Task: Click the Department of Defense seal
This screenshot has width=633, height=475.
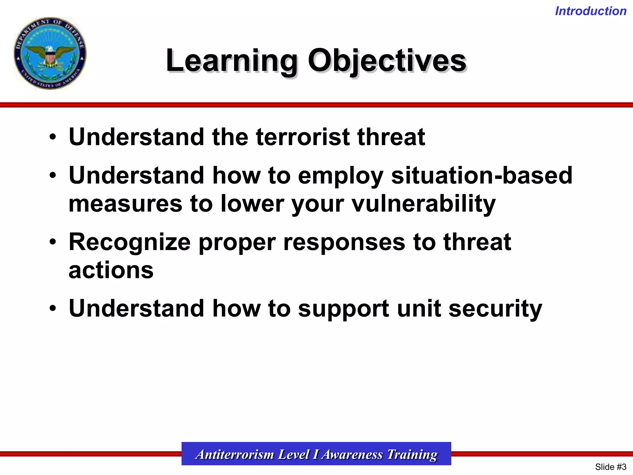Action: click(50, 53)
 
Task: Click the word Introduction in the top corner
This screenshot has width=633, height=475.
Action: click(591, 11)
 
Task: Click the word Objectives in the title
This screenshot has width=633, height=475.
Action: click(387, 61)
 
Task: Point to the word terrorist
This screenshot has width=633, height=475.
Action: click(303, 137)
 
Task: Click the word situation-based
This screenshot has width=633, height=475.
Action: click(482, 175)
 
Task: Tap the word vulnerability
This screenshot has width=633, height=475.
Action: click(424, 204)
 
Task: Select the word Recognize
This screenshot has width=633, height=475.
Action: click(130, 242)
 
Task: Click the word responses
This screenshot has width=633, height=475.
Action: click(344, 242)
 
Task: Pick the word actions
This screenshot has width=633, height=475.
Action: click(111, 270)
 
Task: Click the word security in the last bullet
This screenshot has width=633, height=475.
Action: click(495, 309)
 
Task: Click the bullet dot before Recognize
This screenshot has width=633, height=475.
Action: click(53, 242)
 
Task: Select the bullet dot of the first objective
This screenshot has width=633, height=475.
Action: click(53, 137)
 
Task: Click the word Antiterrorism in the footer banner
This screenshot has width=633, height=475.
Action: click(235, 454)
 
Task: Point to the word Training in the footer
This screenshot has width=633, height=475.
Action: click(412, 454)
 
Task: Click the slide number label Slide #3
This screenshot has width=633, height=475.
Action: click(610, 467)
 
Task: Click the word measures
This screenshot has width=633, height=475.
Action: click(125, 204)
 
